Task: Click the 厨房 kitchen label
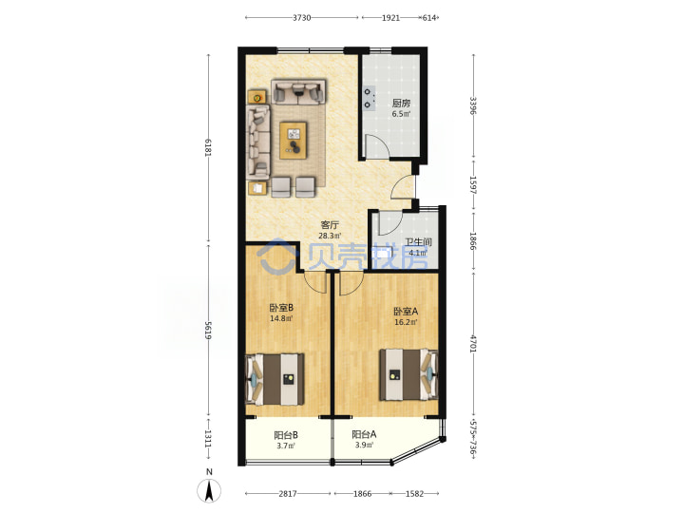pyautogui.click(x=401, y=104)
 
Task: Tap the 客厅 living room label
pyautogui.click(x=330, y=225)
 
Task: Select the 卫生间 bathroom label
pyautogui.click(x=418, y=242)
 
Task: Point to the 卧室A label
pyautogui.click(x=406, y=312)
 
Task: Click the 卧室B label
pyautogui.click(x=281, y=307)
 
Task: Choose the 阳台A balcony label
pyautogui.click(x=364, y=434)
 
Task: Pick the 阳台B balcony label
pyautogui.click(x=286, y=435)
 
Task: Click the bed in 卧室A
pyautogui.click(x=408, y=374)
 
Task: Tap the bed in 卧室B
pyautogui.click(x=275, y=379)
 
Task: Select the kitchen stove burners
pyautogui.click(x=370, y=98)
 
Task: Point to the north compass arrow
pyautogui.click(x=209, y=490)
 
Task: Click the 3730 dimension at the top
pyautogui.click(x=301, y=18)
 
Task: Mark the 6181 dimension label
pyautogui.click(x=208, y=148)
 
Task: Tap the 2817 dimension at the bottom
pyautogui.click(x=288, y=494)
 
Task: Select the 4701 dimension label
pyautogui.click(x=473, y=343)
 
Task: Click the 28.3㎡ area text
pyautogui.click(x=330, y=236)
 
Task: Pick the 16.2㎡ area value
pyautogui.click(x=406, y=322)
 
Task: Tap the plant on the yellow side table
pyautogui.click(x=257, y=98)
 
